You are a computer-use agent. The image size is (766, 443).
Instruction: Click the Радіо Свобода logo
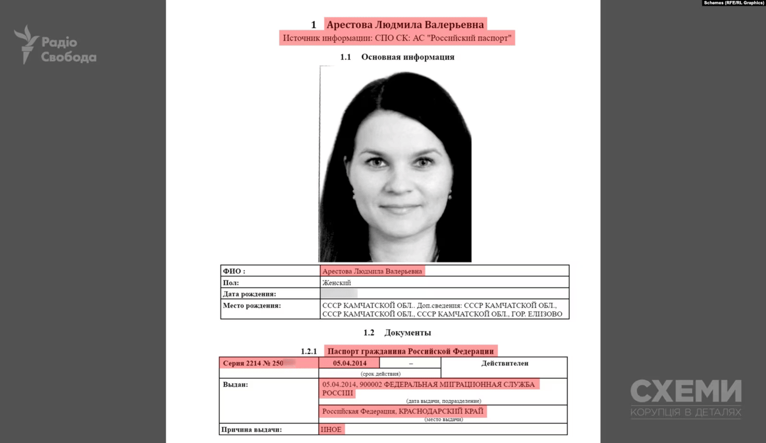55,45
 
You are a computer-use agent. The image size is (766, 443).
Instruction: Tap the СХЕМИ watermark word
686,392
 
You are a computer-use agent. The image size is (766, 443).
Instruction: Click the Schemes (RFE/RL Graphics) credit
733,3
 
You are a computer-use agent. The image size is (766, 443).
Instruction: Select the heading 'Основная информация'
408,57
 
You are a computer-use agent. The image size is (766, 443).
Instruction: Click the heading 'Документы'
408,333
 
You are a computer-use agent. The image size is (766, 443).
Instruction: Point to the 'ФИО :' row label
234,271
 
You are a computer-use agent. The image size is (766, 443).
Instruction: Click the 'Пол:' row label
231,283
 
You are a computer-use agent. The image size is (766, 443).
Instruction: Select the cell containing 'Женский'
337,283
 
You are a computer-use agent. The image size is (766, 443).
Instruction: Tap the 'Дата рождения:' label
249,294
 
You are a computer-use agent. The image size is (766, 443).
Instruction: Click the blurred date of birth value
339,294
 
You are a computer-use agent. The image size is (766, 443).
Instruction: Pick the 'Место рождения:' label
252,306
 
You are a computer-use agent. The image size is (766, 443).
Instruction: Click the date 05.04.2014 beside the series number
349,363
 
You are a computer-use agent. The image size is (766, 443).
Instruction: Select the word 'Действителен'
505,363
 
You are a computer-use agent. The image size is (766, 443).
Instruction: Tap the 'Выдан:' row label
236,384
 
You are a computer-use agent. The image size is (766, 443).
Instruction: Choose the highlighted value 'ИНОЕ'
331,430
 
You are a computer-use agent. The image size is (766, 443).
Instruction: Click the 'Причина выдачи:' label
252,430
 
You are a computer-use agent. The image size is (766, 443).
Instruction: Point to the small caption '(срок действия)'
380,374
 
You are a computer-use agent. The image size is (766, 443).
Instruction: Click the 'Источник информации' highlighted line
397,38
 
